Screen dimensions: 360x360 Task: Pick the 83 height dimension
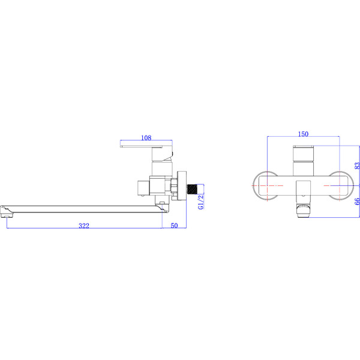(x=356, y=164)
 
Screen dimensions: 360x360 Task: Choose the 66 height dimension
(x=356, y=202)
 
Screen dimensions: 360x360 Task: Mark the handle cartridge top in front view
(x=303, y=149)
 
